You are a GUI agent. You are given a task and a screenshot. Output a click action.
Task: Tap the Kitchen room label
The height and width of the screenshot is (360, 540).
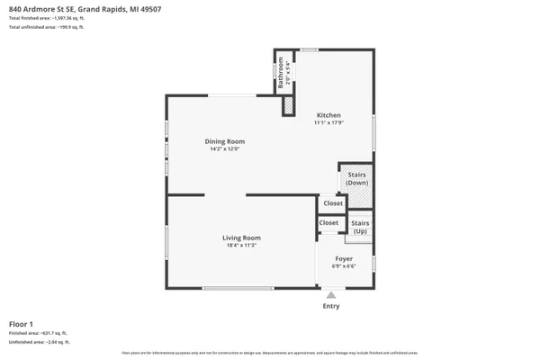[328, 115]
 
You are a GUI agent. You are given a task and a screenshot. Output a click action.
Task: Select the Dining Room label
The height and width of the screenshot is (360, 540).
[224, 141]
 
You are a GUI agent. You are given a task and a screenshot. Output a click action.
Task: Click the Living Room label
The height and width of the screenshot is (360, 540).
[241, 238]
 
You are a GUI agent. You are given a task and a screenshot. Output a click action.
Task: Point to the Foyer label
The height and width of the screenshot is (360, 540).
[345, 258]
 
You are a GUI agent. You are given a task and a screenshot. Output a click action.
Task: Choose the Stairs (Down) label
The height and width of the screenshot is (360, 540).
[357, 178]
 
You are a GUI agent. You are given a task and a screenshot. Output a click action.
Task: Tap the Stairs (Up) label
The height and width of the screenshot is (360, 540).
[360, 226]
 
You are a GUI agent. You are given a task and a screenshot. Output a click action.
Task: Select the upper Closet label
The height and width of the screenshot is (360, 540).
[333, 203]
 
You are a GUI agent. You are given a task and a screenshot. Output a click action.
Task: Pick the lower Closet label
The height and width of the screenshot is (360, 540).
[328, 222]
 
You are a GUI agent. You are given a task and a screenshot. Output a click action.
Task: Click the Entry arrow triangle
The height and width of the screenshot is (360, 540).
[331, 294]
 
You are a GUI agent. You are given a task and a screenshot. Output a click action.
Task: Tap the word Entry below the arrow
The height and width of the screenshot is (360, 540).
[331, 307]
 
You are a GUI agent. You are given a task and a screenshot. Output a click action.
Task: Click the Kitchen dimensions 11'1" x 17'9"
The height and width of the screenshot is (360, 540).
[328, 123]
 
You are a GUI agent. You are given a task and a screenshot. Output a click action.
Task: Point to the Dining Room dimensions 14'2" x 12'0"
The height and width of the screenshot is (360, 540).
[224, 149]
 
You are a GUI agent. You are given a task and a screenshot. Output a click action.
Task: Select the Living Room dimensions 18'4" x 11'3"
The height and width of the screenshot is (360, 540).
[241, 246]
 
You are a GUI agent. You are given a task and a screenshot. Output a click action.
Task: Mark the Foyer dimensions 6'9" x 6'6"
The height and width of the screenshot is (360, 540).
[345, 266]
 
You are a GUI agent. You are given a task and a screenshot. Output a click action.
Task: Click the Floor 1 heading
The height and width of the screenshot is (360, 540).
[21, 323]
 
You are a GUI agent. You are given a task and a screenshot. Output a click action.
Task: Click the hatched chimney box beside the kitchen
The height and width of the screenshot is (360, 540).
[288, 104]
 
